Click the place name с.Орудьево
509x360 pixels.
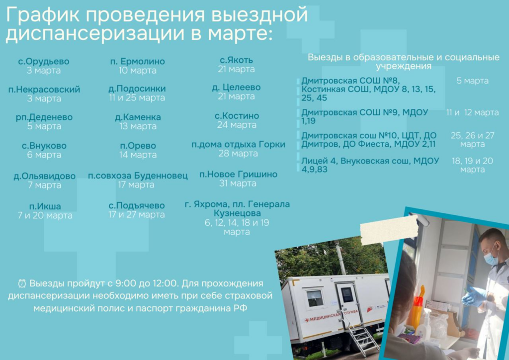[x=44, y=61]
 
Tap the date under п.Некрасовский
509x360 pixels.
[x=44, y=98]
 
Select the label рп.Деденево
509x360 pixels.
[x=44, y=117]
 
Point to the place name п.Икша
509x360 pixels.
[x=45, y=206]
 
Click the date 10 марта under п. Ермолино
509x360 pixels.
[x=137, y=71]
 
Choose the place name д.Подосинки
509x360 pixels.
[x=137, y=89]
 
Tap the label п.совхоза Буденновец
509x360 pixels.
[x=138, y=176]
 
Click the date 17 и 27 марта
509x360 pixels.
[x=137, y=215]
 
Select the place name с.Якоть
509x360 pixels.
[x=236, y=60]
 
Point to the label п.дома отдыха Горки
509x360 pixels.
[x=238, y=145]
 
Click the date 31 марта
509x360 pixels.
[x=238, y=183]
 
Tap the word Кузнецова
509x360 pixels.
[x=237, y=213]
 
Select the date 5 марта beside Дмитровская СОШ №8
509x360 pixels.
[x=472, y=81]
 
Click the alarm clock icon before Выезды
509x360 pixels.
[x=22, y=283]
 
